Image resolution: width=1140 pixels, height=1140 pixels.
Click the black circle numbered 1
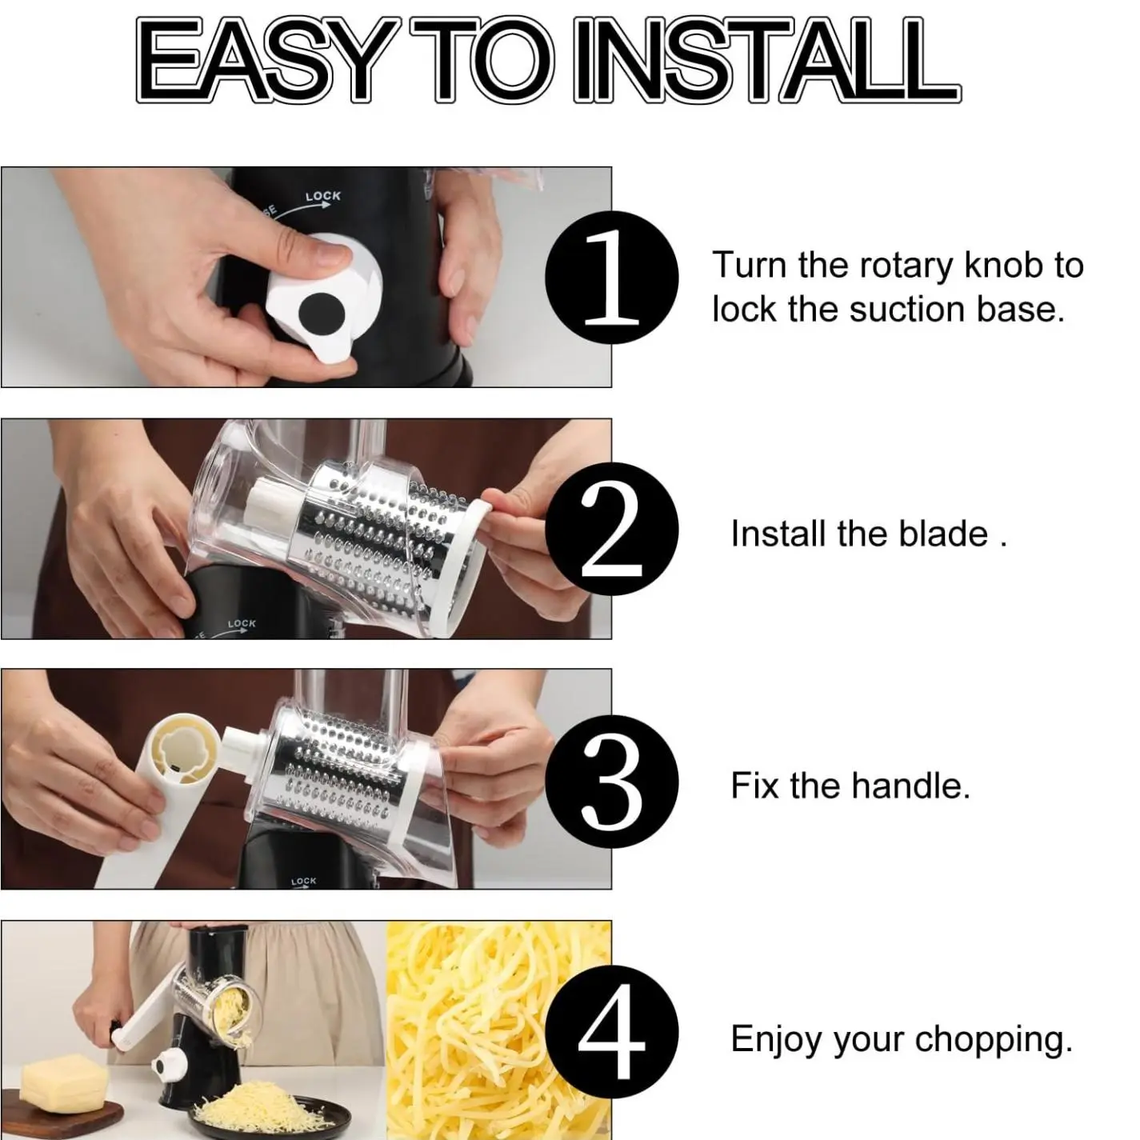pyautogui.click(x=611, y=278)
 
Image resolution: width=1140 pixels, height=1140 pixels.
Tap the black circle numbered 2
pyautogui.click(x=611, y=530)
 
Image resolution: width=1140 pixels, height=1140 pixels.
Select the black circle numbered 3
pyautogui.click(x=611, y=781)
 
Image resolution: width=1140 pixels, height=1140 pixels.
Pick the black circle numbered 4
pyautogui.click(x=611, y=1034)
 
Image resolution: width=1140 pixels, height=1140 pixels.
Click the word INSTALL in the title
pyautogui.click(x=766, y=61)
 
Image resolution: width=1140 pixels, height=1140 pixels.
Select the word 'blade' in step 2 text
pyautogui.click(x=944, y=534)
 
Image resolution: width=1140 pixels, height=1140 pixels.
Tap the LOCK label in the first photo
pyautogui.click(x=322, y=196)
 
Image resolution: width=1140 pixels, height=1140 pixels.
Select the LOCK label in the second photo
pyautogui.click(x=241, y=623)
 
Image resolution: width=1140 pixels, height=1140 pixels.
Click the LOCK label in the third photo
pyautogui.click(x=303, y=881)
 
